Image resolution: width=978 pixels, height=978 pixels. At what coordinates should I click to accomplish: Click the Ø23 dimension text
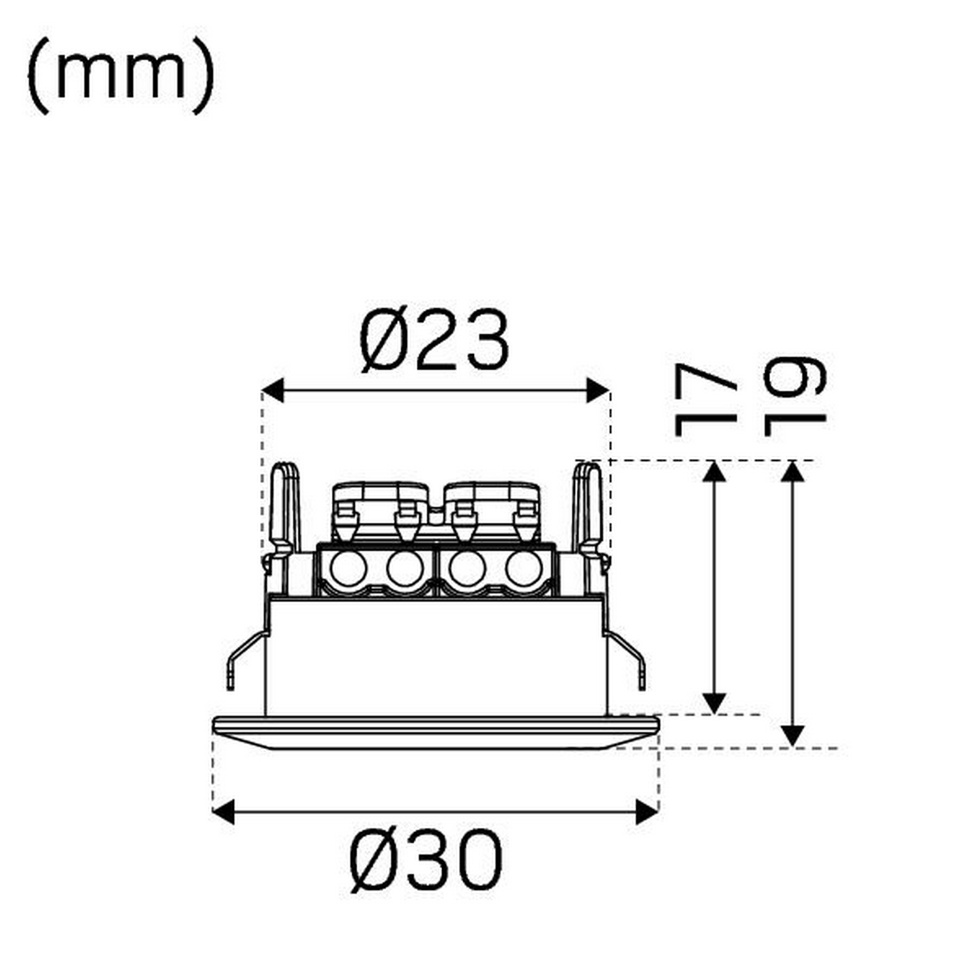(x=434, y=340)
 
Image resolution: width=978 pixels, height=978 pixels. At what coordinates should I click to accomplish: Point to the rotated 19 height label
(x=794, y=396)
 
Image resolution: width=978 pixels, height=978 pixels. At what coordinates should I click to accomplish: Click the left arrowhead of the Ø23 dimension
(x=273, y=391)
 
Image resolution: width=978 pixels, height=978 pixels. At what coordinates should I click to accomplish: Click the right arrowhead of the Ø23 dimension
(x=598, y=391)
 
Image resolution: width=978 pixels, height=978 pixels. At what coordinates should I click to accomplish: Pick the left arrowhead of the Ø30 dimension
(x=224, y=812)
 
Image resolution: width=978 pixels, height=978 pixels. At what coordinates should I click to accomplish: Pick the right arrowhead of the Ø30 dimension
(x=647, y=812)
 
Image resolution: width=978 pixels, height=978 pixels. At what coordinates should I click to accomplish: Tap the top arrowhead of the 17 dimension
(x=715, y=471)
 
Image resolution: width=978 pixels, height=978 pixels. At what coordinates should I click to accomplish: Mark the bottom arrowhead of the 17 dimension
(x=715, y=704)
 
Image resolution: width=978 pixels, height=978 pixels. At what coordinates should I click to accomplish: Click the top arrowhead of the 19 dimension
(x=792, y=471)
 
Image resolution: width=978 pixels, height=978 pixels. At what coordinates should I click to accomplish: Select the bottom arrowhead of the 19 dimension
(x=792, y=736)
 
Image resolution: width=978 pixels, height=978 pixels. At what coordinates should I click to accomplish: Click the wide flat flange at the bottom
(x=436, y=732)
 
